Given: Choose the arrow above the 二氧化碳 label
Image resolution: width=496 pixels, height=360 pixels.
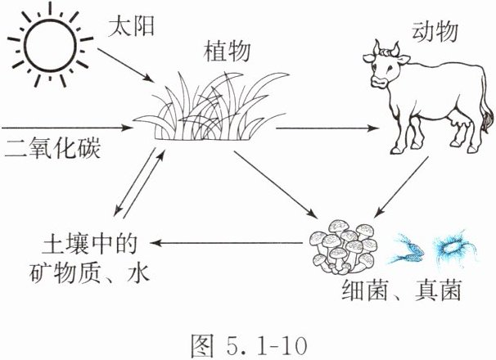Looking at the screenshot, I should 65,128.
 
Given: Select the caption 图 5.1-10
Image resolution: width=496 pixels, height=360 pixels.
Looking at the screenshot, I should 246,338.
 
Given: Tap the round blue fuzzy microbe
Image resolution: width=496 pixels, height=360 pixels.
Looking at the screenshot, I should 449,245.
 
